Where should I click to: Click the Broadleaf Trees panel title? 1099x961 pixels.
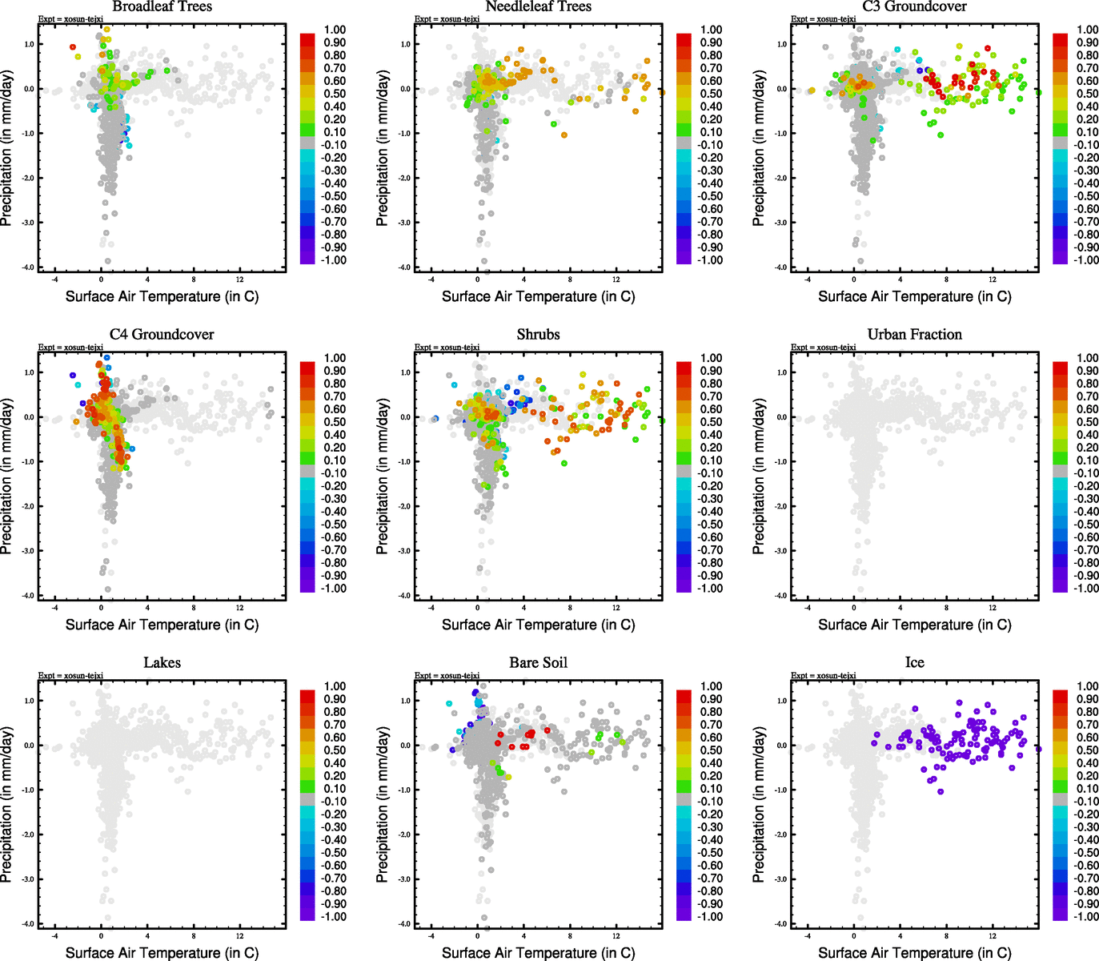pos(162,6)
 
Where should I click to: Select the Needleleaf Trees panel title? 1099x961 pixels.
pos(538,6)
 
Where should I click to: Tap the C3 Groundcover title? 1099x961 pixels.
pos(914,6)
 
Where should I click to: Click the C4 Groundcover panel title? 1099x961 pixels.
pos(162,335)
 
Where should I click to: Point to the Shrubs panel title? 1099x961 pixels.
pos(538,335)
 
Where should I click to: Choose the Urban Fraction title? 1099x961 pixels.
pos(914,335)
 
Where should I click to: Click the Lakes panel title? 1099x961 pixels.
pos(162,663)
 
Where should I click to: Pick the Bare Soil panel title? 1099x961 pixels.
pos(538,663)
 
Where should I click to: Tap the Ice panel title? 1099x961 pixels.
pos(914,663)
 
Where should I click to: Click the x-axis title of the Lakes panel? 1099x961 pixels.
pos(162,953)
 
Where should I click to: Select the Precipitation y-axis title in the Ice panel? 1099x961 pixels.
pos(759,803)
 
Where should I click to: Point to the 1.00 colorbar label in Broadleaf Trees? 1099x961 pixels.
pos(335,30)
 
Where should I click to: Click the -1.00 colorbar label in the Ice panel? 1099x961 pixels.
pos(1086,917)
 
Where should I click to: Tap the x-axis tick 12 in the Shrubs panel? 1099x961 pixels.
pos(616,608)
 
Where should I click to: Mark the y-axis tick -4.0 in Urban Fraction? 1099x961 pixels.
pos(781,596)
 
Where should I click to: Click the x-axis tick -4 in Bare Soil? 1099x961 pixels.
pos(431,936)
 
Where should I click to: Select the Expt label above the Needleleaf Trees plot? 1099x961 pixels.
pos(447,19)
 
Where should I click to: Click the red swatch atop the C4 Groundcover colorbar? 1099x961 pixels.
pos(307,368)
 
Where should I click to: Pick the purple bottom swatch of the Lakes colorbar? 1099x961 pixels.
pos(307,915)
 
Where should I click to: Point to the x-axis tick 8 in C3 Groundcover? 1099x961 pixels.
pos(946,279)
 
